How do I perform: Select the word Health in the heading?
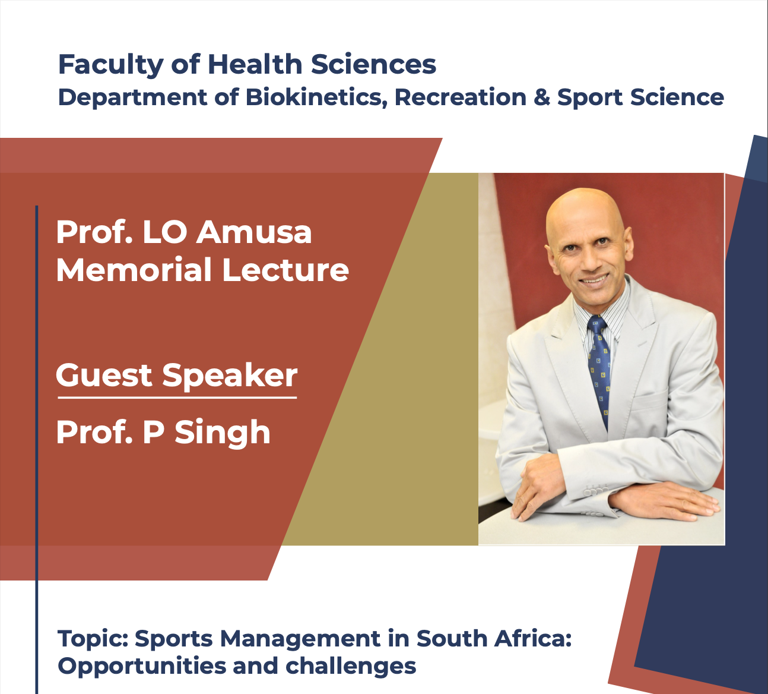click(255, 64)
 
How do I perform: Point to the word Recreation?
click(461, 97)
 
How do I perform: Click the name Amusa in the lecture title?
click(254, 232)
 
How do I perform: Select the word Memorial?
click(134, 270)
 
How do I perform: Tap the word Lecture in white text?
click(285, 270)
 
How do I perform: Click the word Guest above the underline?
click(104, 375)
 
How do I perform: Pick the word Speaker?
click(230, 376)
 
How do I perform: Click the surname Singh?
click(223, 433)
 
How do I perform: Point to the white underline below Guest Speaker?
click(177, 398)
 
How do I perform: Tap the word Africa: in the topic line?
click(532, 638)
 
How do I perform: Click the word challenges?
click(351, 667)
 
